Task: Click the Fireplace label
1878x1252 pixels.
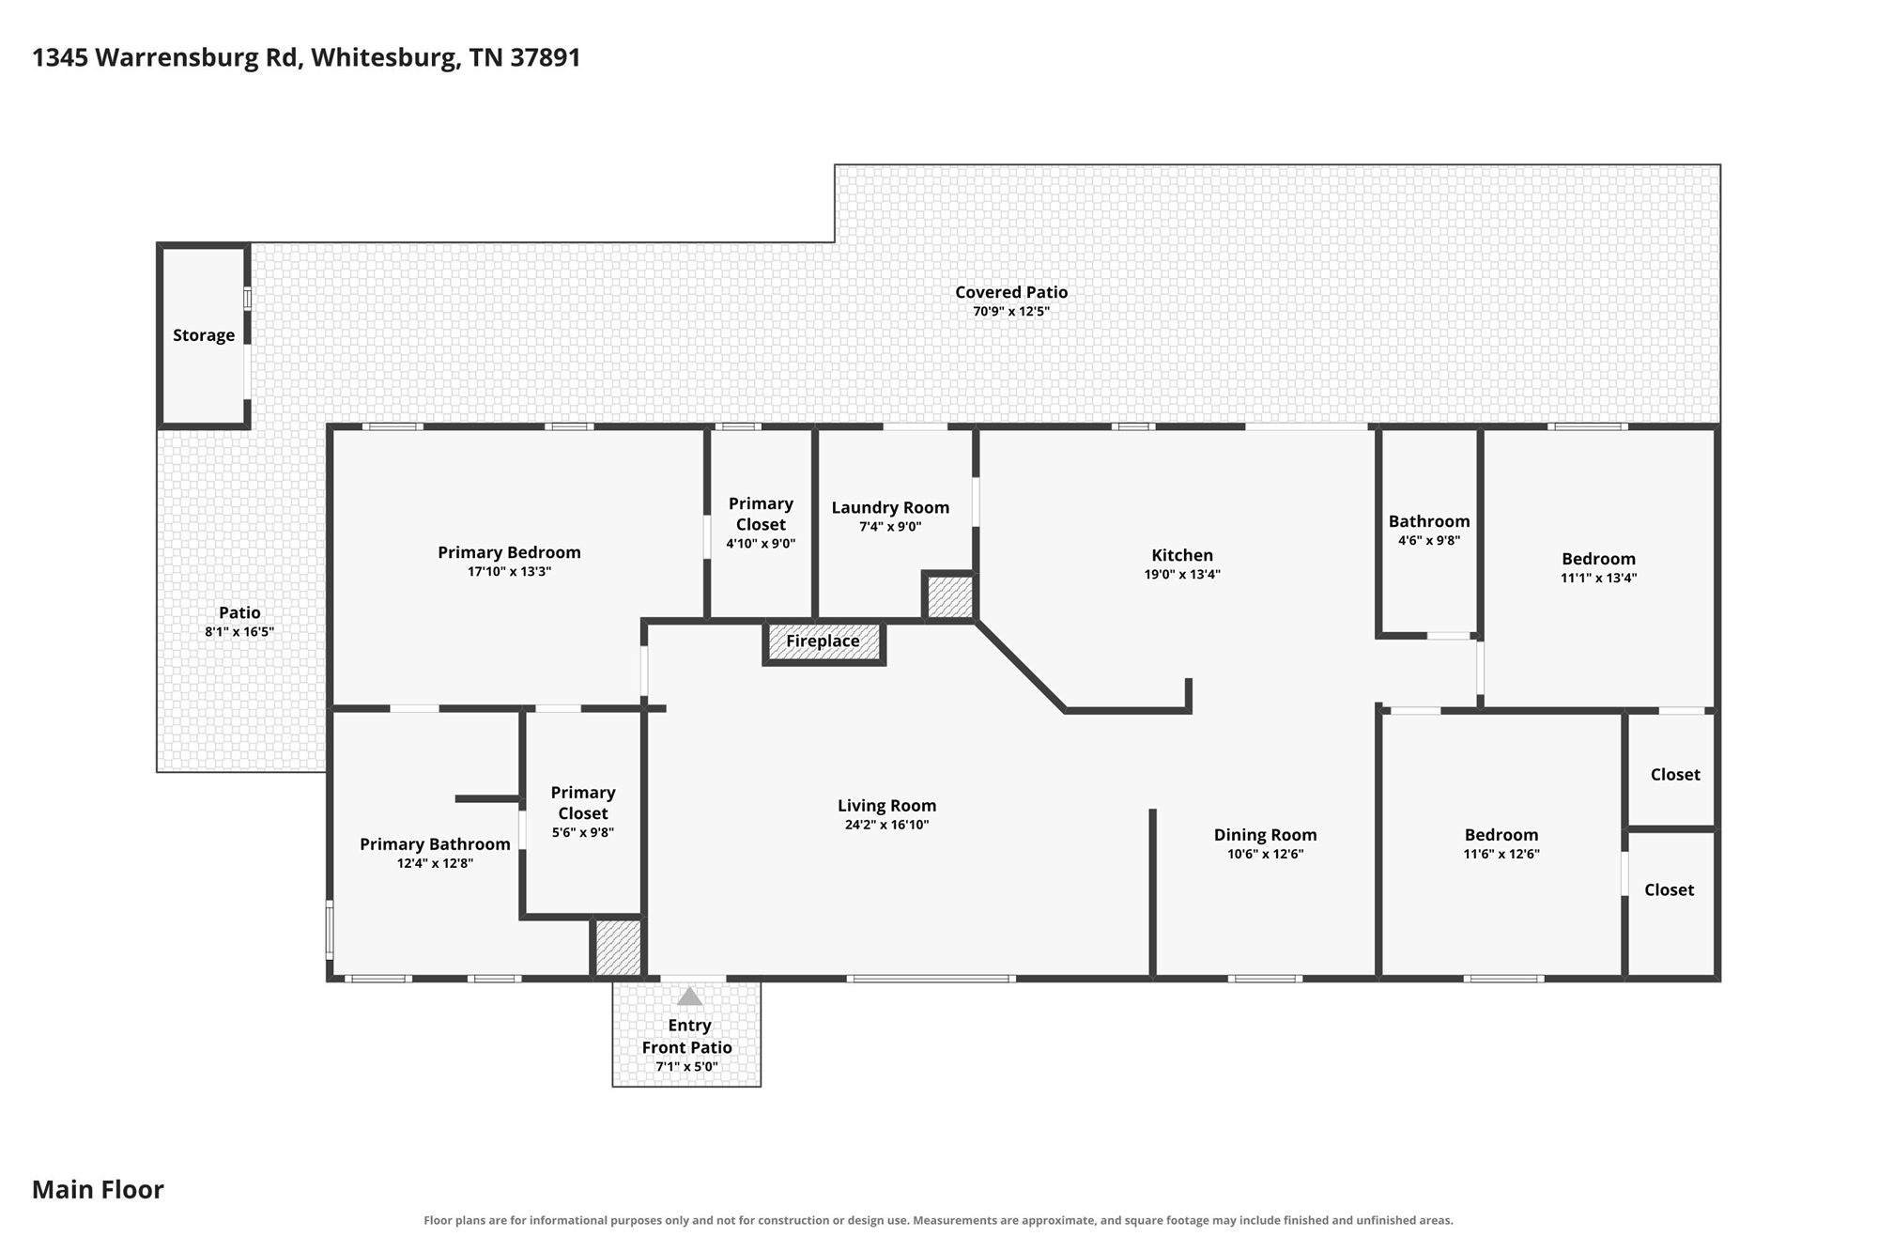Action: [x=823, y=641]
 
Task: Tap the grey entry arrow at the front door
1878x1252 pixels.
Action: [x=690, y=997]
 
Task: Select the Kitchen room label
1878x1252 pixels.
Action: [x=1182, y=555]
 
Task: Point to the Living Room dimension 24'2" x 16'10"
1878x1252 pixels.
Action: [x=886, y=825]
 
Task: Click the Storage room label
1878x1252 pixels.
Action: [x=204, y=335]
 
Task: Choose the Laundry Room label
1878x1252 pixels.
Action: [x=890, y=508]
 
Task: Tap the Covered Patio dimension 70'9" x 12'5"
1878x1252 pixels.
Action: [x=1011, y=311]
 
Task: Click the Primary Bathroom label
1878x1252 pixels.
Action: [x=435, y=844]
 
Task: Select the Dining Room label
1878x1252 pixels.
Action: [x=1265, y=835]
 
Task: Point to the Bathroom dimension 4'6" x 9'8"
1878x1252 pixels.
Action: [x=1429, y=540]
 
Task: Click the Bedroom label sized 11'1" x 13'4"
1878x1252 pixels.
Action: [x=1598, y=559]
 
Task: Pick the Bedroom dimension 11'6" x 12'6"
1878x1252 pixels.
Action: [x=1501, y=854]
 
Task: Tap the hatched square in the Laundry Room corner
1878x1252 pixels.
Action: [x=950, y=596]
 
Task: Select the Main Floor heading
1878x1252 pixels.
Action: [x=98, y=1190]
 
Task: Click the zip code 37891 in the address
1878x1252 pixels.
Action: [x=546, y=57]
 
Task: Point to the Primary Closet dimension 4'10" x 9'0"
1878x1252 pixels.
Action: [x=761, y=543]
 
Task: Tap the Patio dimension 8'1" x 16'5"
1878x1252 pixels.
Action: [x=239, y=631]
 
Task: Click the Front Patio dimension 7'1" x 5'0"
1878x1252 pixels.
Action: [x=687, y=1066]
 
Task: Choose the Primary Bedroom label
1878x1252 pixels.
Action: [x=509, y=552]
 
